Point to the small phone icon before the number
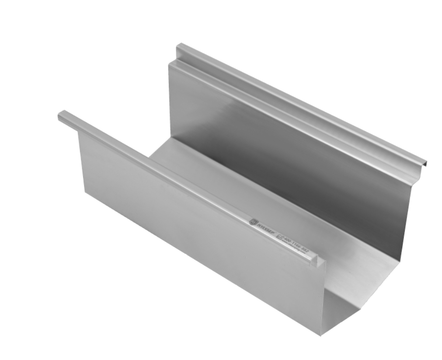coord(280,237)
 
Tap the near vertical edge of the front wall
coord(323,297)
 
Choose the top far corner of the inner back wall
coord(171,63)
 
